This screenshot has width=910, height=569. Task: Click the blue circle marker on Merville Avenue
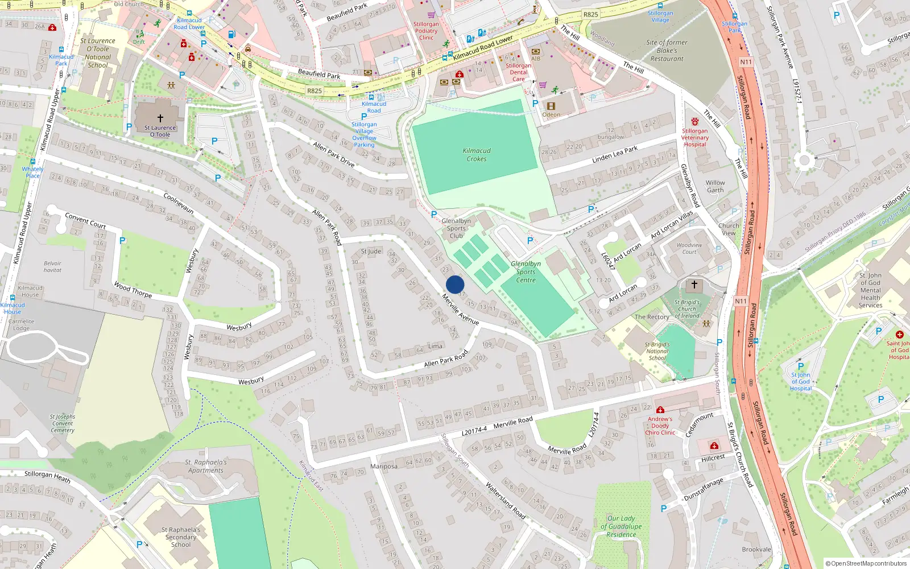pyautogui.click(x=455, y=284)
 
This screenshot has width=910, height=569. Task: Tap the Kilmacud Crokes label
pyautogui.click(x=477, y=155)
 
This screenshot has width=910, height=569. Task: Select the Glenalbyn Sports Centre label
pyautogui.click(x=526, y=271)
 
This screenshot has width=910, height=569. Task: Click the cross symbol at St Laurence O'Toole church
pyautogui.click(x=160, y=118)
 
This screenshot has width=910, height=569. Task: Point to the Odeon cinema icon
pyautogui.click(x=551, y=106)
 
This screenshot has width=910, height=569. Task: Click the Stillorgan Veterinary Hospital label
pyautogui.click(x=695, y=138)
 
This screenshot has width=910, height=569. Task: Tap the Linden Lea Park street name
pyautogui.click(x=615, y=154)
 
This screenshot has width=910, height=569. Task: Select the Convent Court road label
pyautogui.click(x=85, y=220)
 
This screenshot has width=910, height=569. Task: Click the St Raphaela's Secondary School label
pyautogui.click(x=181, y=537)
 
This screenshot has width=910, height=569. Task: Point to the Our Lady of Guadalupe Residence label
pyautogui.click(x=621, y=526)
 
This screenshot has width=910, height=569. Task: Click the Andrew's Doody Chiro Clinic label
pyautogui.click(x=660, y=426)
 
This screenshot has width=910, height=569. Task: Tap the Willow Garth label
pyautogui.click(x=715, y=187)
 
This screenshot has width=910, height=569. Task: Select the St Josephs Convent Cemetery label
pyautogui.click(x=63, y=423)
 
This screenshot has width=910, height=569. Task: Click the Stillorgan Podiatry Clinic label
pyautogui.click(x=426, y=31)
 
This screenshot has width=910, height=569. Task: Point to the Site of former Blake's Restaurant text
pyautogui.click(x=667, y=50)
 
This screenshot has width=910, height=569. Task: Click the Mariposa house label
pyautogui.click(x=384, y=466)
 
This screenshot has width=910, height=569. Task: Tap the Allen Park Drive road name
pyautogui.click(x=333, y=154)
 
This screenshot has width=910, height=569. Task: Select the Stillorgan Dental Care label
pyautogui.click(x=518, y=72)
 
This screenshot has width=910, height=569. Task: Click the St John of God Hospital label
pyautogui.click(x=800, y=382)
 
